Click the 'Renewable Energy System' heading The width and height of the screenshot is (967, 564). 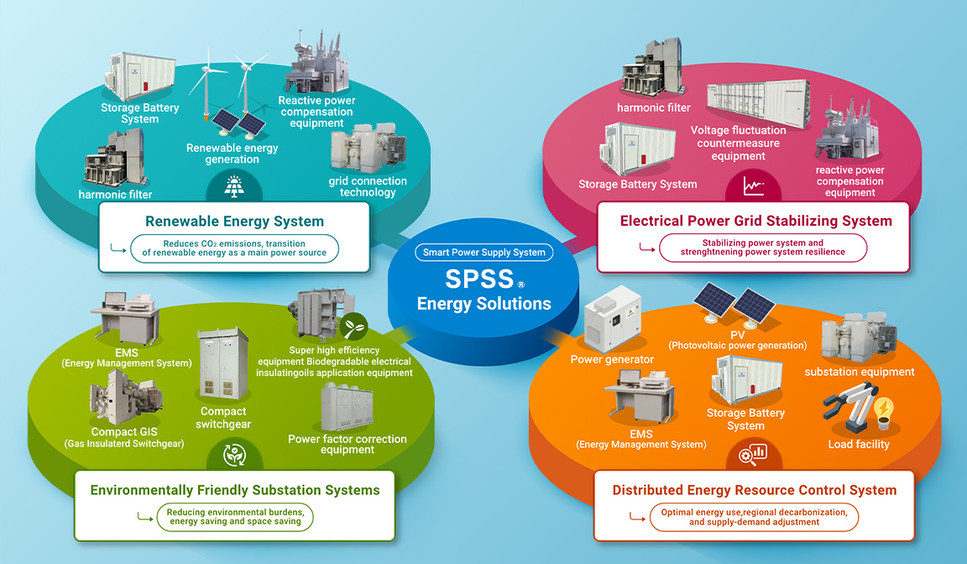pos(234,222)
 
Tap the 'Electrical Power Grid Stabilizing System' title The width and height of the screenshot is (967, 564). pos(755,221)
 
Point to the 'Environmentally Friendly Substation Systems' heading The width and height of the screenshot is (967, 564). pos(235,490)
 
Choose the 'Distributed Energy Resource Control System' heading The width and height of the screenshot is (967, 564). pos(754,490)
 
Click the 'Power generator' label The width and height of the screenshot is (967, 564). pos(612,359)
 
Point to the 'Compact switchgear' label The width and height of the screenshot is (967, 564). pos(223,418)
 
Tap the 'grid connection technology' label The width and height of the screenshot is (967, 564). pos(368,186)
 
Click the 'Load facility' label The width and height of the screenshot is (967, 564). pos(858,444)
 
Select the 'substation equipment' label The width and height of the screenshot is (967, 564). pos(860,371)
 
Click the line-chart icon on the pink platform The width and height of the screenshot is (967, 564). pos(752,185)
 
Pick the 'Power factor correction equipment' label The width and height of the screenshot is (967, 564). pos(347,444)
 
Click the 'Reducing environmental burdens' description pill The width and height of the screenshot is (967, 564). pos(234,517)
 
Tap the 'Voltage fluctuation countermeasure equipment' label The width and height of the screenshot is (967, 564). pos(739,143)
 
